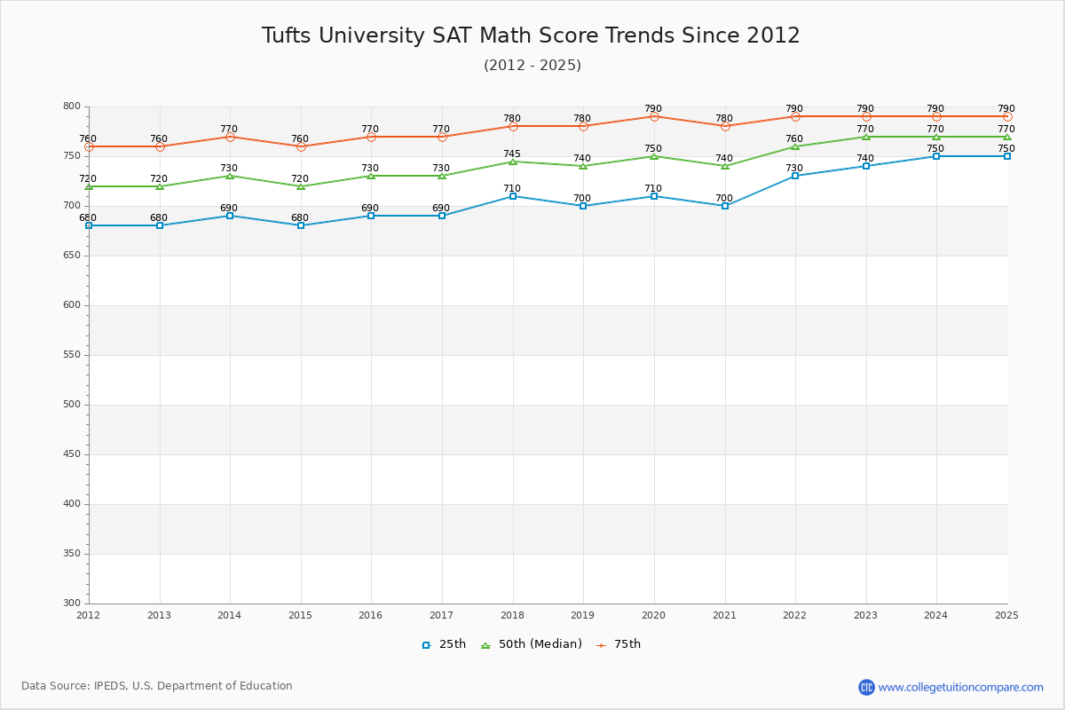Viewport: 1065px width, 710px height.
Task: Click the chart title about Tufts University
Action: (531, 35)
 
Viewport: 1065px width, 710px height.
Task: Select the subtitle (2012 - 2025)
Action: (532, 66)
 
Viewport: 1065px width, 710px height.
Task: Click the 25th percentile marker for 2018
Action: (513, 196)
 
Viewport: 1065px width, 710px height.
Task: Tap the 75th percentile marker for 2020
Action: (654, 116)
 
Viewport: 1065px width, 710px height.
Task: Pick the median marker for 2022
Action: (795, 146)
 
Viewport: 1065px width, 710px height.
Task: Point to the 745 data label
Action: (512, 154)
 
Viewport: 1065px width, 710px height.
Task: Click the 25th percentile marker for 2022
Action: (795, 176)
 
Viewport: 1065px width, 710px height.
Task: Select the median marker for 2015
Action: (301, 186)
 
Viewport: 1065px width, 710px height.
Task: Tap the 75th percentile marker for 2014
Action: (230, 137)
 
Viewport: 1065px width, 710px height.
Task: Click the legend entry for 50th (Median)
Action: (532, 644)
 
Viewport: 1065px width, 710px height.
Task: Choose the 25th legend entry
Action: (444, 644)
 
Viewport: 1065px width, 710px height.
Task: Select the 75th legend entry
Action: (619, 644)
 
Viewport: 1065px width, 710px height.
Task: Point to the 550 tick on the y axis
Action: (70, 355)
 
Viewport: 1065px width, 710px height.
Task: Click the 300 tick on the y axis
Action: (70, 603)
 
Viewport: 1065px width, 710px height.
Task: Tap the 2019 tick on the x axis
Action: (583, 615)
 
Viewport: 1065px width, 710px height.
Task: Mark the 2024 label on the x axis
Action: (935, 615)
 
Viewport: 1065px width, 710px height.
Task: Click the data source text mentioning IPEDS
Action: (157, 686)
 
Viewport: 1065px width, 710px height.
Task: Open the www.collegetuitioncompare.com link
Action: (960, 687)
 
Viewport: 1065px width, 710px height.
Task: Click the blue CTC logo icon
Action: (866, 687)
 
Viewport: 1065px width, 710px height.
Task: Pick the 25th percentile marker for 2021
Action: (725, 206)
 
